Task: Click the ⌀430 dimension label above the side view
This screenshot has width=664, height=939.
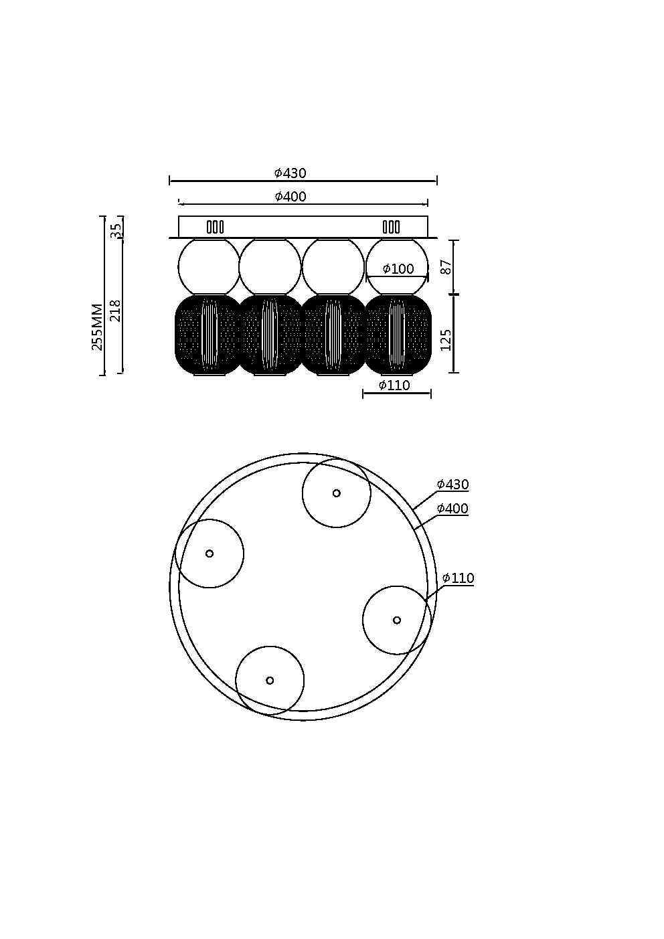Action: (x=290, y=173)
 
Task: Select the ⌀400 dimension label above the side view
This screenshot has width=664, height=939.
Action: (x=290, y=197)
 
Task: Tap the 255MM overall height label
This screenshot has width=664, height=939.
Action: (x=98, y=327)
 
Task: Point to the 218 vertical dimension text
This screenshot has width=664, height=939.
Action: (x=116, y=311)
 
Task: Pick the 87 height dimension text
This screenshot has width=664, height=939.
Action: (x=446, y=266)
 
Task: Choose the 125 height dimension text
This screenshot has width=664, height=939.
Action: (x=446, y=339)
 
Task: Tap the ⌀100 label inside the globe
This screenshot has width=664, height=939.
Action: (x=398, y=269)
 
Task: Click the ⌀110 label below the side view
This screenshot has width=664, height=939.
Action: (x=394, y=386)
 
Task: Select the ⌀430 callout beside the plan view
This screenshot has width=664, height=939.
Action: (x=453, y=485)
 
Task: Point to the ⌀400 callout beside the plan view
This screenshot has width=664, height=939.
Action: (x=453, y=509)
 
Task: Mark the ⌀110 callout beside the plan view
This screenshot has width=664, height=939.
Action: (x=459, y=578)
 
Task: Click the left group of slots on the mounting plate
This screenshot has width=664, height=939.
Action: (x=215, y=227)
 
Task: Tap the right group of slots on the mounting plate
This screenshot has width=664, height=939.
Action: (x=392, y=227)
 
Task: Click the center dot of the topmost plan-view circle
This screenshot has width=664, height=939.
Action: (x=336, y=493)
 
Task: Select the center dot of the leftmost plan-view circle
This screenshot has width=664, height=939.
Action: (x=210, y=553)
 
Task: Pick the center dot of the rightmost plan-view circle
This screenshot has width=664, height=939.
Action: (x=397, y=620)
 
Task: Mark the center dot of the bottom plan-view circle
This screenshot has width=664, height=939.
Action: (x=270, y=681)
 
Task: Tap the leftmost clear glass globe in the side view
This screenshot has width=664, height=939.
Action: (x=209, y=266)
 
